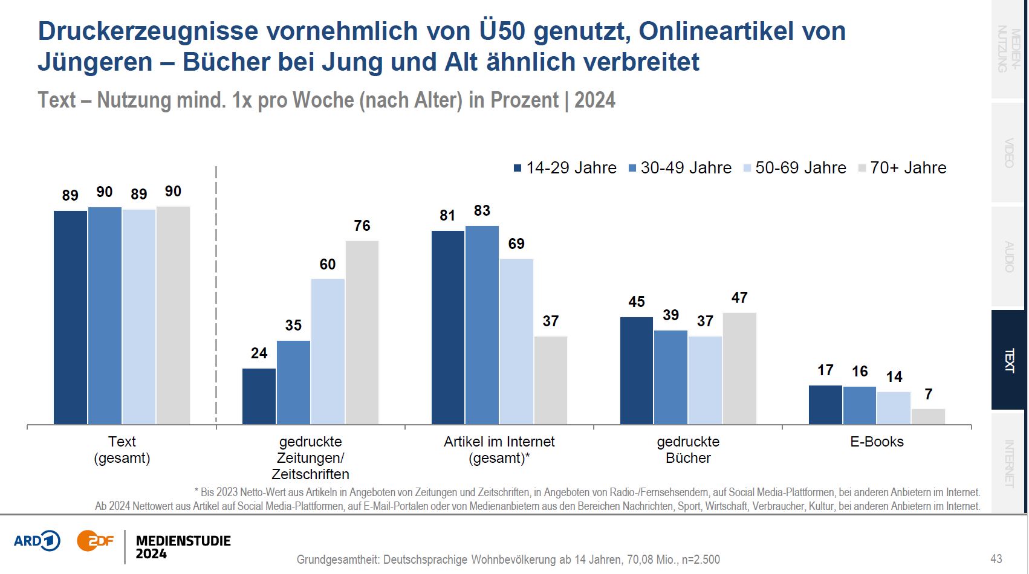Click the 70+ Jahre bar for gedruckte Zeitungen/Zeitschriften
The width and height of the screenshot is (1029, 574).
click(x=362, y=332)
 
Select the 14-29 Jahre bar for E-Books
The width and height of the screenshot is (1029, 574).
click(x=825, y=405)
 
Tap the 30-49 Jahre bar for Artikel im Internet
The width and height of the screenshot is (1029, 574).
click(x=482, y=325)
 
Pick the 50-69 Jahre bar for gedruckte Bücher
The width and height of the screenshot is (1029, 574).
click(x=705, y=380)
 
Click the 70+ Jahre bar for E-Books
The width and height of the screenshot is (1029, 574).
click(x=928, y=416)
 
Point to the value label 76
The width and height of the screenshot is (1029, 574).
click(x=362, y=226)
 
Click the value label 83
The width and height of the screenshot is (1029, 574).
click(x=482, y=211)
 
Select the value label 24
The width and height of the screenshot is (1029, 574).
click(x=259, y=353)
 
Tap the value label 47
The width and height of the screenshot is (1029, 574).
click(x=739, y=298)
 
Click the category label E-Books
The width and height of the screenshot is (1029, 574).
click(x=877, y=442)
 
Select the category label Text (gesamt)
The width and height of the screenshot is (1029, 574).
click(x=122, y=450)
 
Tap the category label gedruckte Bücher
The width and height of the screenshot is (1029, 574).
click(x=688, y=450)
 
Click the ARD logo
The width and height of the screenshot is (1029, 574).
click(x=37, y=541)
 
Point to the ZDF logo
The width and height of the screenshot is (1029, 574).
click(x=95, y=541)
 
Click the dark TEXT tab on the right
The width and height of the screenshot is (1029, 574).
click(x=1009, y=360)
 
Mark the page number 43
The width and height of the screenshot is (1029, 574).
click(x=996, y=559)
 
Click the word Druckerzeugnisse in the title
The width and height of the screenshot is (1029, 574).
click(x=148, y=31)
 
